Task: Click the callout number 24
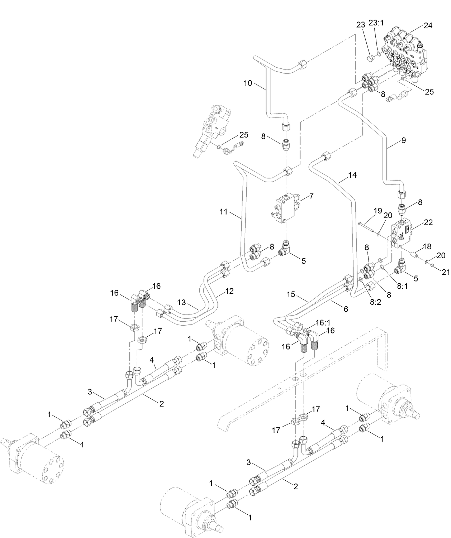pos(428,25)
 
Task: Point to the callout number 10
pos(248,83)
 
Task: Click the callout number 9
pos(404,140)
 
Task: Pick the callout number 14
pos(352,175)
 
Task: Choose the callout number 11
pos(224,212)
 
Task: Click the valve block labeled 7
pos(285,209)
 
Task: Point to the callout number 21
pos(445,273)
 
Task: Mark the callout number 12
pos(229,291)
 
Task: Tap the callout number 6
pos(346,309)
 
